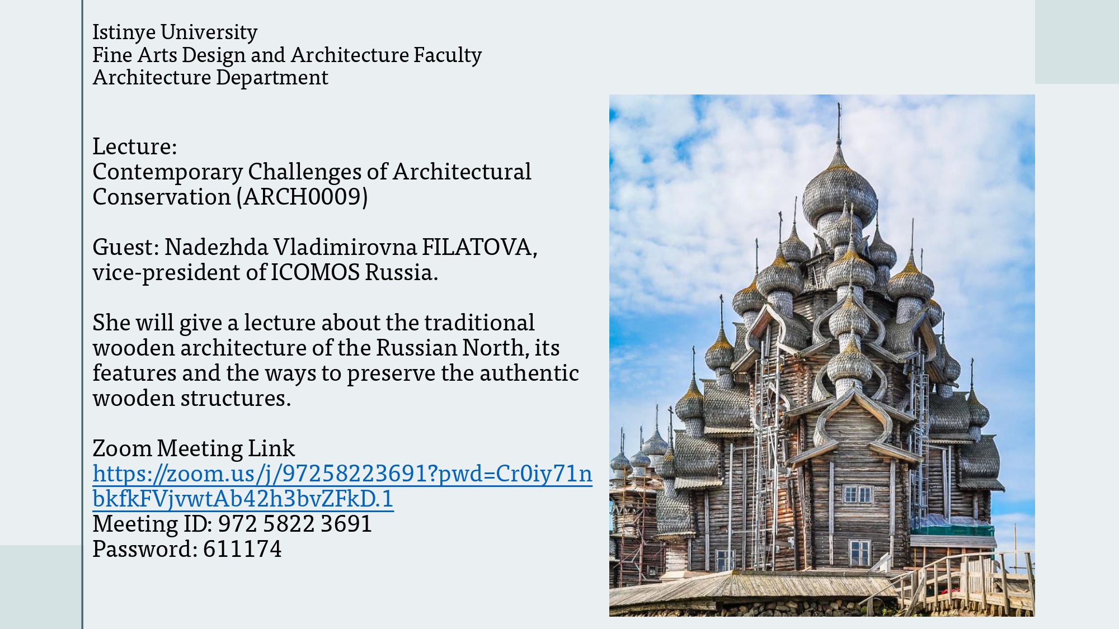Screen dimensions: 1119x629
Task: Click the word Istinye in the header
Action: (x=124, y=33)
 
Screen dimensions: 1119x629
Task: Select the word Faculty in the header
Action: (x=448, y=55)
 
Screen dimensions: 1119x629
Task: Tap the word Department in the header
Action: (x=272, y=78)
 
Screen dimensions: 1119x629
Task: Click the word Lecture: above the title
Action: (x=135, y=146)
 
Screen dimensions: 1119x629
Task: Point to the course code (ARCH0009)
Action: (x=305, y=197)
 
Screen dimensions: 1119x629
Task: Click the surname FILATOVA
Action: (x=479, y=247)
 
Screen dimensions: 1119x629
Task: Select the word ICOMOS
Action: (x=316, y=272)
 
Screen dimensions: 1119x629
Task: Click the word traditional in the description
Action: (x=479, y=323)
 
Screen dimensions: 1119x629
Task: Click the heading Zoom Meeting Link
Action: (x=194, y=448)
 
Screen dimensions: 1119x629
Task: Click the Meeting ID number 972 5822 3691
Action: (x=295, y=524)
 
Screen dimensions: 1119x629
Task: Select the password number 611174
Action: (x=242, y=549)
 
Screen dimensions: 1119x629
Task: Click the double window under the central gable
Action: (x=857, y=494)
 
